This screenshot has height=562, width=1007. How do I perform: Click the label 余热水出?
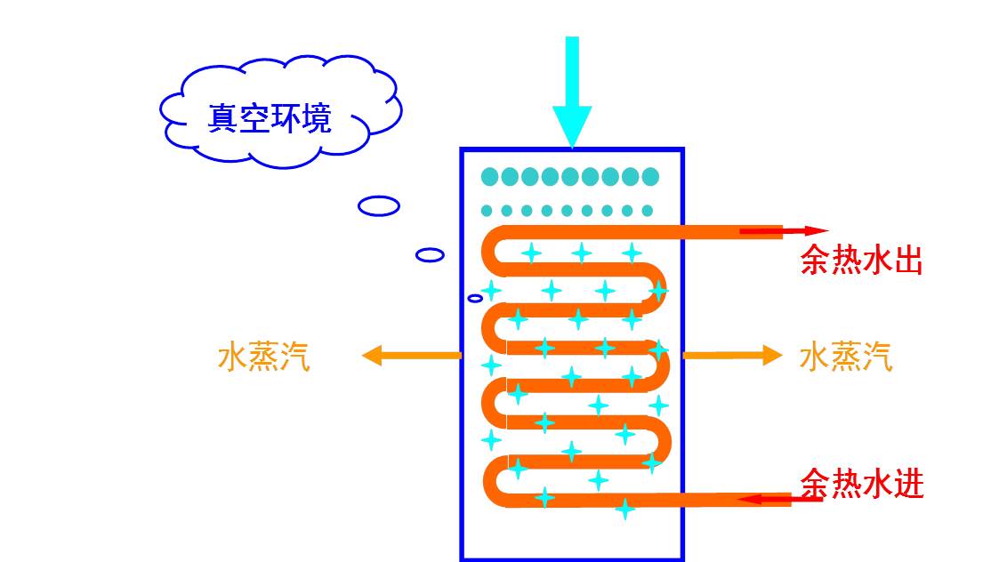[x=862, y=260]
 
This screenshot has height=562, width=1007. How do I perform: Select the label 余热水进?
[x=862, y=483]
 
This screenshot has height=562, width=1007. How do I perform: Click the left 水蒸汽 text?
[x=264, y=357]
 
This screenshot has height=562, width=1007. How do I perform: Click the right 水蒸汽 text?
[x=846, y=357]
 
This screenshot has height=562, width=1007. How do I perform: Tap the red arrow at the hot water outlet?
[x=783, y=231]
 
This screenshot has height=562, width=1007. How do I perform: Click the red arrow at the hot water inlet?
[x=779, y=500]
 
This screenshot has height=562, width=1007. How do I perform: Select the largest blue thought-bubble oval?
[x=379, y=206]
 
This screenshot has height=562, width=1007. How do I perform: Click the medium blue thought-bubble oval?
[x=430, y=254]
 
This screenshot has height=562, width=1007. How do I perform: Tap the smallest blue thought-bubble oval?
[x=475, y=298]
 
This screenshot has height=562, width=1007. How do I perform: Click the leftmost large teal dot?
[x=490, y=176]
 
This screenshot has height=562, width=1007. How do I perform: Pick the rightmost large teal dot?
[x=650, y=176]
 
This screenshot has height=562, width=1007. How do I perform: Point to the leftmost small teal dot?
[x=487, y=211]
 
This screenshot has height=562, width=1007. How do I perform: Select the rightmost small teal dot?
[x=648, y=211]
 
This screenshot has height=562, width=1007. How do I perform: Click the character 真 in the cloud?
[x=223, y=118]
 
